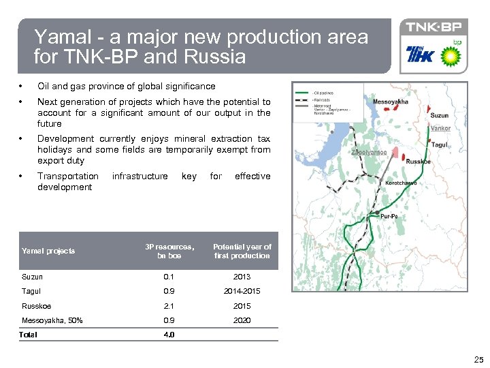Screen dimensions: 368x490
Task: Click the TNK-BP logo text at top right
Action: point(434,28)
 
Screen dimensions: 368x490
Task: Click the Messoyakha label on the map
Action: point(391,102)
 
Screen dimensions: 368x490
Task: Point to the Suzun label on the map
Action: point(440,116)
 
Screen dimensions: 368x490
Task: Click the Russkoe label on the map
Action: point(417,162)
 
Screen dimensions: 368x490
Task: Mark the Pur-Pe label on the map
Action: point(390,215)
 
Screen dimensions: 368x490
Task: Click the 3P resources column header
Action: point(169,251)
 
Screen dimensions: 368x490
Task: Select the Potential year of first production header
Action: point(242,251)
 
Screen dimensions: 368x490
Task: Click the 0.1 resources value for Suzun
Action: point(169,277)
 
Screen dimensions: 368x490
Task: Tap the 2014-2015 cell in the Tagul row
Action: point(242,291)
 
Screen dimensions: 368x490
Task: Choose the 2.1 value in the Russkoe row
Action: point(169,306)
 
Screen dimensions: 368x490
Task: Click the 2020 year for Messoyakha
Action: point(242,320)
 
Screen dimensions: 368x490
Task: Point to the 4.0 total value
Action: point(169,335)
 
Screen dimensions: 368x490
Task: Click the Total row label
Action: point(29,335)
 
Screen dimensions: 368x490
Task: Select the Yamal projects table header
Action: point(48,251)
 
